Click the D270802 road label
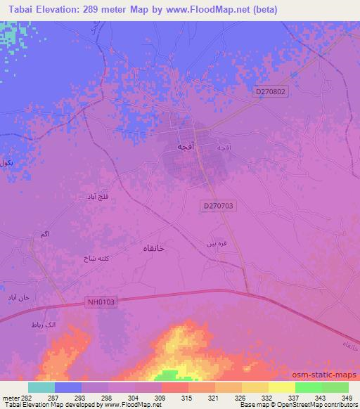tap(271, 91)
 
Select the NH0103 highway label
tap(101, 301)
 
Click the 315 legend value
tap(186, 397)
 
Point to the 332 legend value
tap(266, 397)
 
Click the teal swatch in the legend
tap(41, 387)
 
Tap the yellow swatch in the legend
tap(282, 387)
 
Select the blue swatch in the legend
tap(68, 387)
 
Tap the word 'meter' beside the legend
tap(8, 397)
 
